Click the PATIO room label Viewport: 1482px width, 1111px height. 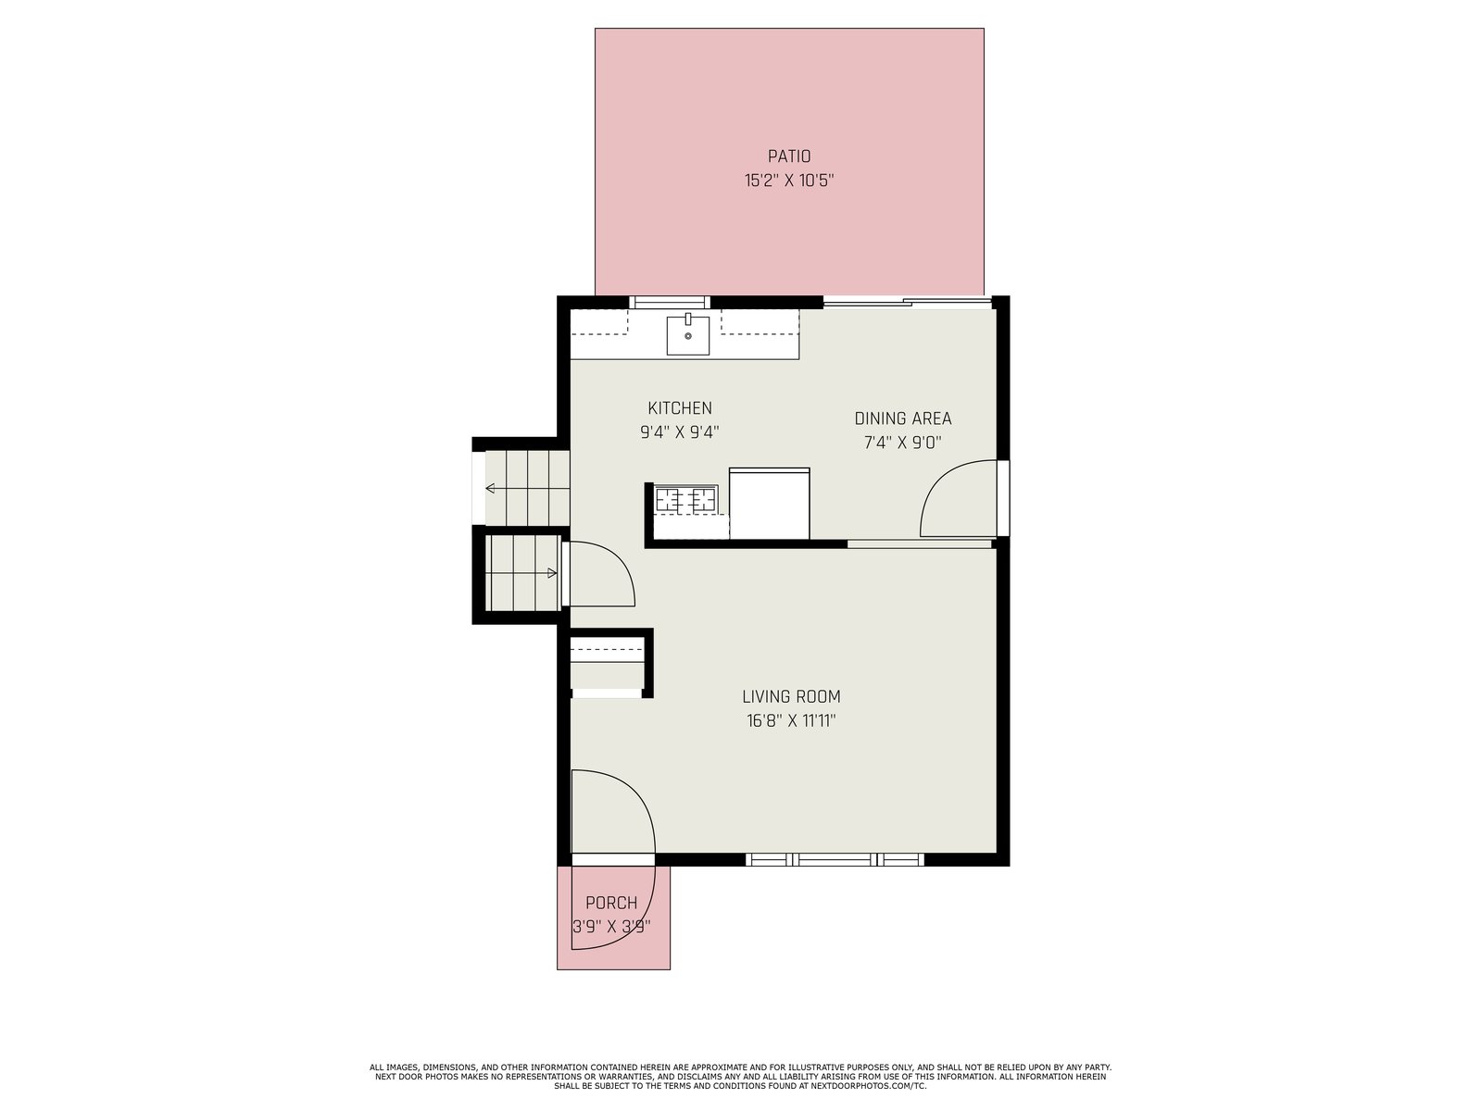(x=788, y=156)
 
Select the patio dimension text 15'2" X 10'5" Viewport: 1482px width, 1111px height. (x=788, y=181)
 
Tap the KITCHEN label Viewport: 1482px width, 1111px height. (x=679, y=408)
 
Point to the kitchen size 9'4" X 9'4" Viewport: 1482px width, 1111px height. (x=679, y=432)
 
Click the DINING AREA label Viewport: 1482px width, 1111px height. (x=903, y=418)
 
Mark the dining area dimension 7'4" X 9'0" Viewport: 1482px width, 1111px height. (x=903, y=443)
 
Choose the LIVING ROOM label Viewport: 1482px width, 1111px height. (x=791, y=697)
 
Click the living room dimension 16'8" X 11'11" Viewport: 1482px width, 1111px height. (x=791, y=721)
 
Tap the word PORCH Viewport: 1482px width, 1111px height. (x=611, y=903)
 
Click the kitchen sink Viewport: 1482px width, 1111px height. (x=688, y=334)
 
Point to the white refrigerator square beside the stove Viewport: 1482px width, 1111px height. (x=769, y=504)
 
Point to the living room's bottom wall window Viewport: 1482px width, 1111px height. (x=835, y=859)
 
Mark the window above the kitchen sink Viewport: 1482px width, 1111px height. (x=670, y=302)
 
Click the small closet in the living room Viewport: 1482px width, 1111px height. (x=607, y=666)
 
